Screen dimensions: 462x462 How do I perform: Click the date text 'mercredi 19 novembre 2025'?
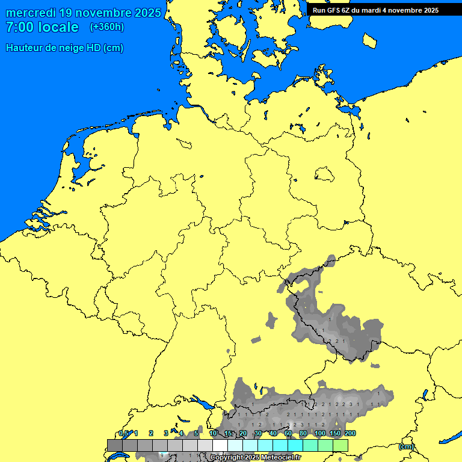point(84,13)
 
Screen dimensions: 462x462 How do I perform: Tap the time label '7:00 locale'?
point(42,27)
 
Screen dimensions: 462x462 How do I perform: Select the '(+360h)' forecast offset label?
point(107,27)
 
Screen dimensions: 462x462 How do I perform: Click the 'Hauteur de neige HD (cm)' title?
point(64,48)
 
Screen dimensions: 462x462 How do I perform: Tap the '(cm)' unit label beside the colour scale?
point(405,446)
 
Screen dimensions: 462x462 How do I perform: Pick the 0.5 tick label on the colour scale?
point(123,434)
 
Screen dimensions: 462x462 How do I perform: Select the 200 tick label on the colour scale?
point(350,434)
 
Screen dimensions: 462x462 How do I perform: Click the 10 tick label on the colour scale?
point(213,434)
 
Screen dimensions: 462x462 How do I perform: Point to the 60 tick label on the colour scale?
point(288,434)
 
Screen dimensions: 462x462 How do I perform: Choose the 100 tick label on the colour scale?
point(319,434)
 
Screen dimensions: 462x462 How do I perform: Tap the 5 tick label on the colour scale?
point(196,434)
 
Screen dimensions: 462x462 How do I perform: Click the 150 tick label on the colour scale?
point(334,434)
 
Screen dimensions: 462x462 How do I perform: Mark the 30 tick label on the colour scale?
point(258,434)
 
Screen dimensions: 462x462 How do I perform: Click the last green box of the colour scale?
point(340,445)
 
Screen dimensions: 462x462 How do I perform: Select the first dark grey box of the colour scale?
point(115,445)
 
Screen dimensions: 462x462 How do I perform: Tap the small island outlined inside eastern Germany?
point(324,174)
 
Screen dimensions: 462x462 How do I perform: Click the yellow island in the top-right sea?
point(370,40)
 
